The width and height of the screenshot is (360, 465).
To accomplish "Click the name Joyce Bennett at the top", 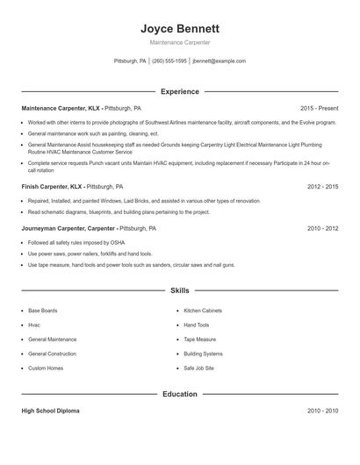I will pos(180,28).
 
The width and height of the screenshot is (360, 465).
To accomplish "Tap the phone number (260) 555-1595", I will pos(169,61).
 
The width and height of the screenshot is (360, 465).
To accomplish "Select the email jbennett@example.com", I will pos(219,61).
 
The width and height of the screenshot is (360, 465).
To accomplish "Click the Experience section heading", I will pos(180,91).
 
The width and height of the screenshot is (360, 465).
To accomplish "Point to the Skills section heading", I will pos(180,290).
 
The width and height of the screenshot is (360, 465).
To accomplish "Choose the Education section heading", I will pos(180,394).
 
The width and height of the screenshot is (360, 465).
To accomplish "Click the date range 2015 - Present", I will pos(319,108).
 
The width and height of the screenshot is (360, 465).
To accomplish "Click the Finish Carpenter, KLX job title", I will pos(52,187).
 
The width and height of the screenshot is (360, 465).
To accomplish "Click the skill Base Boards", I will pos(43,311).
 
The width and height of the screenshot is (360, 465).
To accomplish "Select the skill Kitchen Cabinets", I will pos(203,311).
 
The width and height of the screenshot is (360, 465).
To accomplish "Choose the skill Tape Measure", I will pos(199,339).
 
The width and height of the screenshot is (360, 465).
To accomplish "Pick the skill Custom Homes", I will pos(46,368).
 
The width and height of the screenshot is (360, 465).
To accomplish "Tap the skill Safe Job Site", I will pos(198,368).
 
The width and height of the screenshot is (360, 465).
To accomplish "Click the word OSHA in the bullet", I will pos(93,242).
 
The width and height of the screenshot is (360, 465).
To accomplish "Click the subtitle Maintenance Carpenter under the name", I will pos(180,42).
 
